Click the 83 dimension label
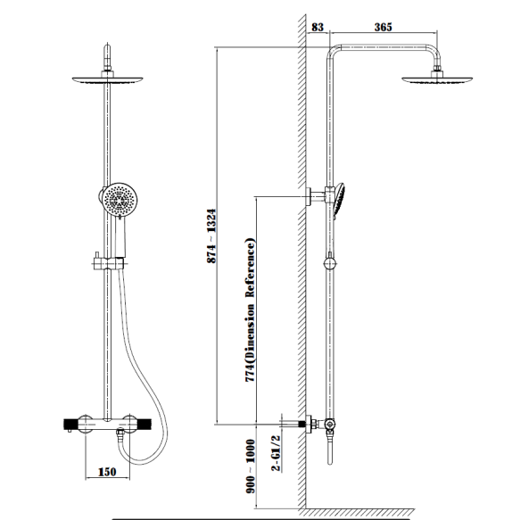[x=318, y=27]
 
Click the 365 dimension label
[x=383, y=27]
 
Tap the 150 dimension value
[x=107, y=472]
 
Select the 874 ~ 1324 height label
[x=211, y=236]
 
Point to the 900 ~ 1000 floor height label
[x=251, y=466]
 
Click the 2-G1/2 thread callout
[x=276, y=453]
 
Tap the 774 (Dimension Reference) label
[x=251, y=310]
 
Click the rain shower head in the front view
[x=107, y=79]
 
